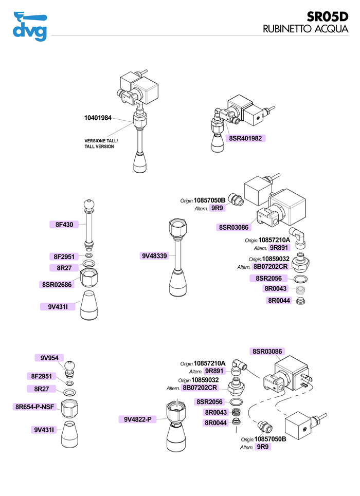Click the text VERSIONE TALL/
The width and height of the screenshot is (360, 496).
coord(101,140)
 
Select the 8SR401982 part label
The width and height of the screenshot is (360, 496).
coord(245,138)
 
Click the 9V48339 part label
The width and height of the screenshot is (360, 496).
coord(155,255)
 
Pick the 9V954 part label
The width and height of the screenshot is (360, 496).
coord(49,358)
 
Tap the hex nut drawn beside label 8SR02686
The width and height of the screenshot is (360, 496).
coord(89,280)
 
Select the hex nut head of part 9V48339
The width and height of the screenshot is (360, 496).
coord(177,227)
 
